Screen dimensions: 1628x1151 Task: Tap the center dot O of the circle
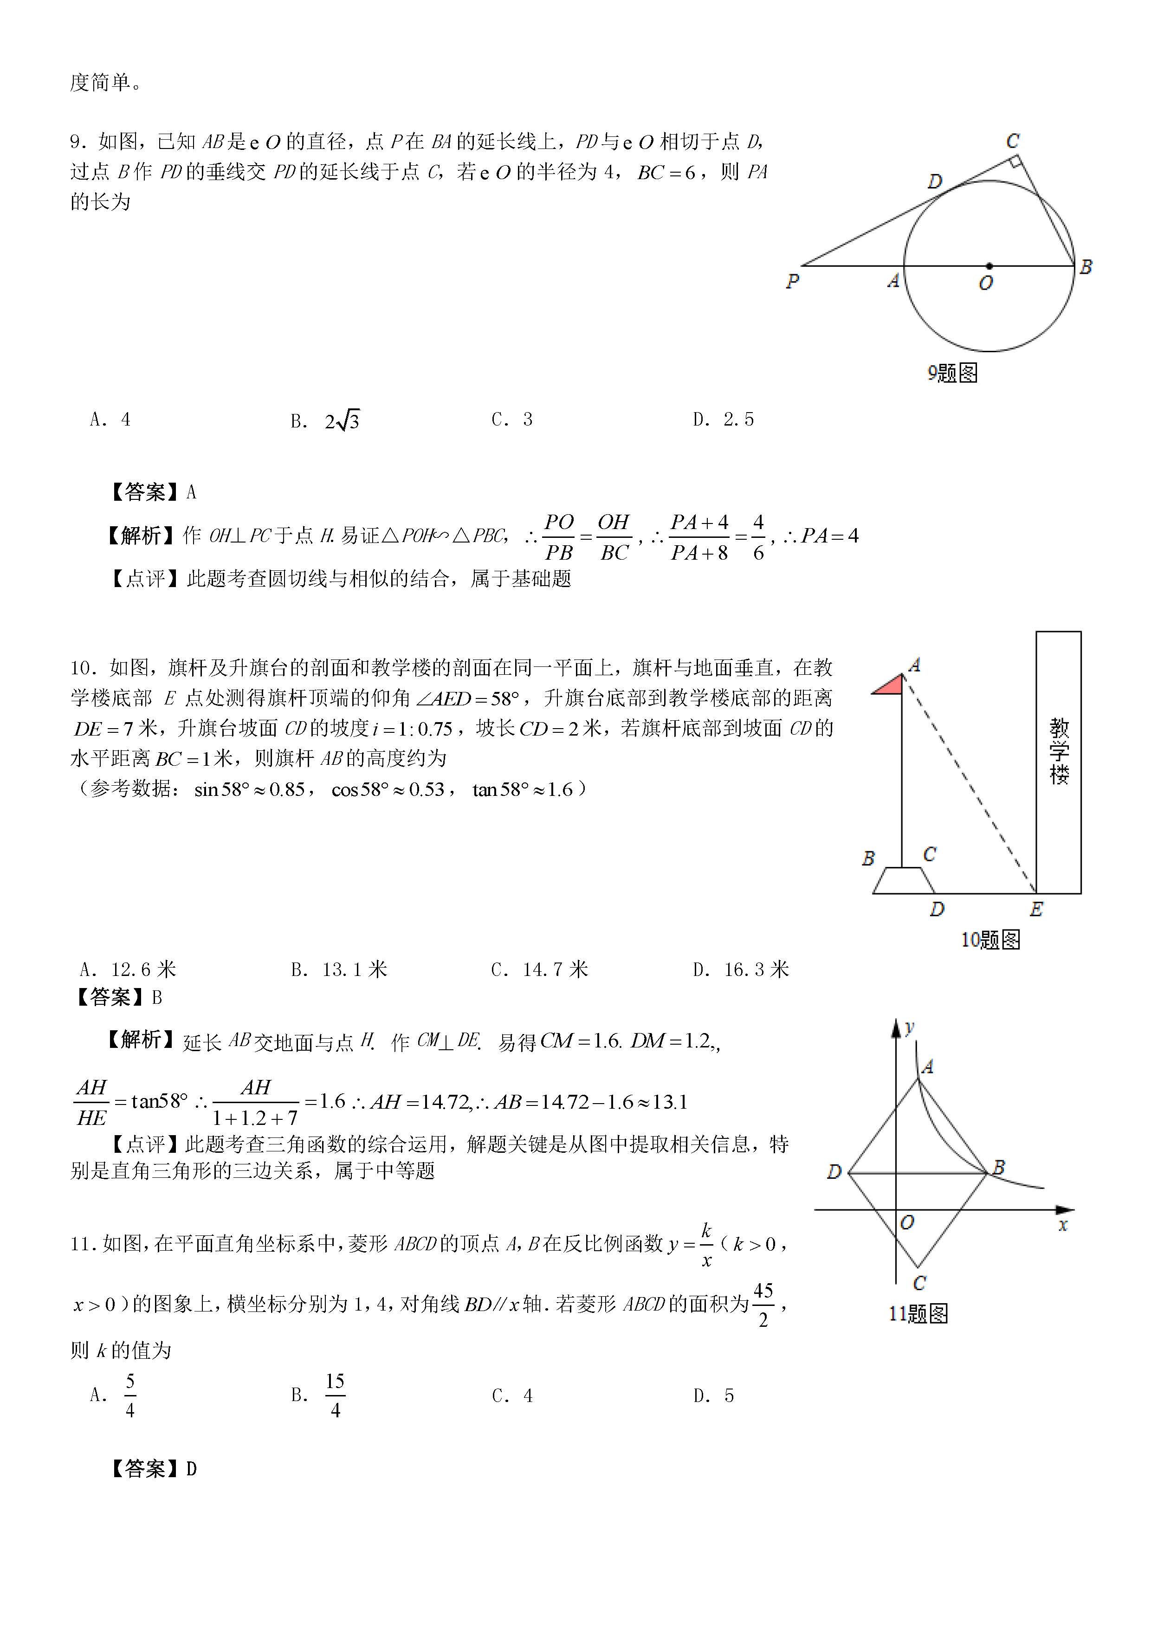[x=989, y=266]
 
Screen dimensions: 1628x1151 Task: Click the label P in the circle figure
[x=792, y=282]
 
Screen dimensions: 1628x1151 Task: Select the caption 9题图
[x=952, y=373]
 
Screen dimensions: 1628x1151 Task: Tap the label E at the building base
[x=1036, y=909]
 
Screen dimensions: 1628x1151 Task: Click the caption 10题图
[x=990, y=940]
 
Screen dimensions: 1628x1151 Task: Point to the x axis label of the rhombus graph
[x=1062, y=1225]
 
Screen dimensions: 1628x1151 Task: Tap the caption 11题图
[x=918, y=1314]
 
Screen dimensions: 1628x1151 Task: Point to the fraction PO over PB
[x=559, y=537]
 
